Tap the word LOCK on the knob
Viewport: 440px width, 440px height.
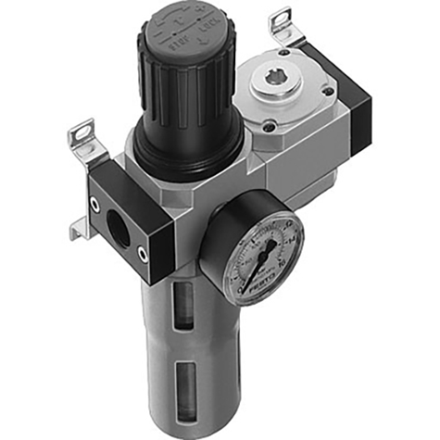coord(219,38)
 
